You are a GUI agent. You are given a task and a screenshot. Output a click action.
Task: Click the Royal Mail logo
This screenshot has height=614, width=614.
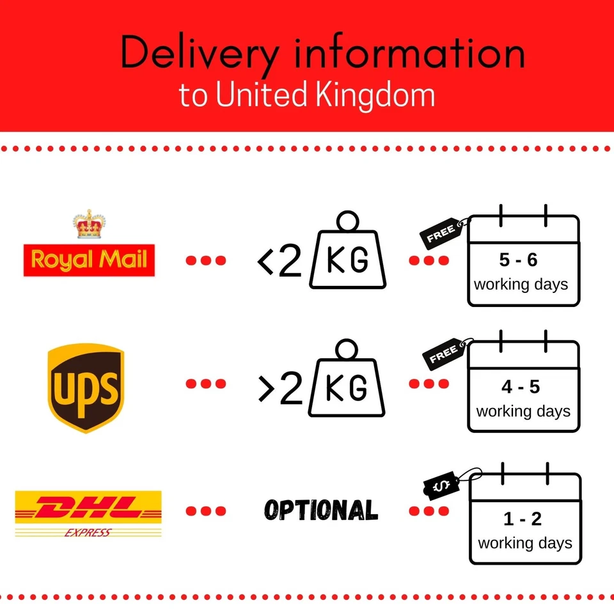coord(89,260)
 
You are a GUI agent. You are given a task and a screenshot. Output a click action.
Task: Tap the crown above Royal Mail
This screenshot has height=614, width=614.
coord(89,224)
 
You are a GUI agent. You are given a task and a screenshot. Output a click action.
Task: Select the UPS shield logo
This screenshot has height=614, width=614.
coord(85,387)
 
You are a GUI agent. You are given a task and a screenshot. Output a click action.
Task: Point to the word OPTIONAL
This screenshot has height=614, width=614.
coord(321,510)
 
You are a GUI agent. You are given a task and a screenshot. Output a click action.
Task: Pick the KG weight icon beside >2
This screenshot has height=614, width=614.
coord(348,381)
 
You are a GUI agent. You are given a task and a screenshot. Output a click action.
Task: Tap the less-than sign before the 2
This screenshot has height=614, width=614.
coord(266,263)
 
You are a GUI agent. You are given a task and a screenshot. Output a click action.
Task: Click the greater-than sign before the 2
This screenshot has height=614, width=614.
coord(266,389)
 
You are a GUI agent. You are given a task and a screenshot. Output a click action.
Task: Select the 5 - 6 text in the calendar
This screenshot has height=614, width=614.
coord(519,261)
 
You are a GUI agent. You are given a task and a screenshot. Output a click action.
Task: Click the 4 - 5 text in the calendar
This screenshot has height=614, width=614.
coord(521,387)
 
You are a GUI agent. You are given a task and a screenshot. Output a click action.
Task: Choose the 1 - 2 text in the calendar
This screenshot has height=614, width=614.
coord(523,519)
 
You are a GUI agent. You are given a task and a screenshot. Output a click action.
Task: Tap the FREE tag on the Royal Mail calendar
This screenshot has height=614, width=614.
coord(442,234)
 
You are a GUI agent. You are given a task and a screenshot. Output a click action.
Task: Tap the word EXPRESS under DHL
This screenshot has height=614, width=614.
coord(88,533)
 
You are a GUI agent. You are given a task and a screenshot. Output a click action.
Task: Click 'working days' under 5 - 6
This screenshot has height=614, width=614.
coord(521,284)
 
